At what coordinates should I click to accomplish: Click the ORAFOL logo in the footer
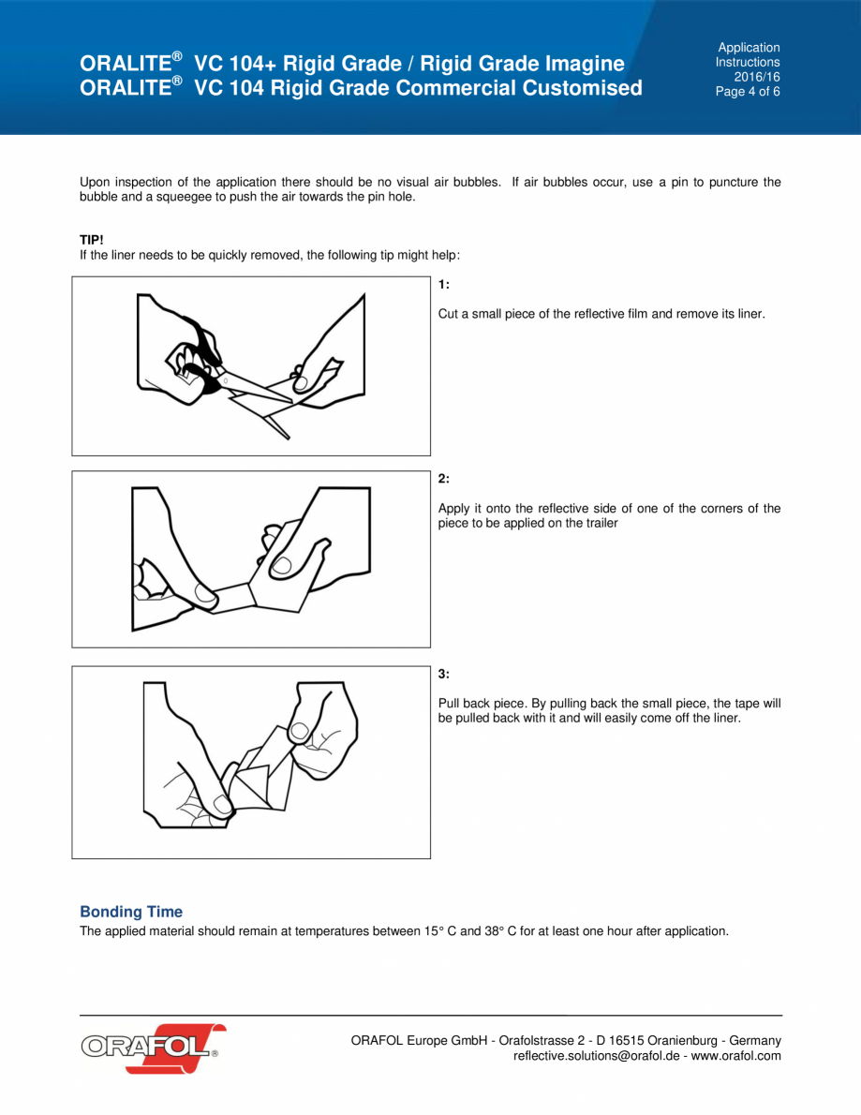(153, 1047)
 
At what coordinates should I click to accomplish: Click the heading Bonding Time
(131, 912)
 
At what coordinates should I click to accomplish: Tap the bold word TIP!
(92, 240)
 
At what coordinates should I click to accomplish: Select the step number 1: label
(444, 284)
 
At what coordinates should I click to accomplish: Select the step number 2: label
(444, 479)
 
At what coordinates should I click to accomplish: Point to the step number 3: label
(444, 674)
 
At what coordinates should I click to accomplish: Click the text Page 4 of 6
(748, 92)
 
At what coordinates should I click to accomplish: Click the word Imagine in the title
(582, 64)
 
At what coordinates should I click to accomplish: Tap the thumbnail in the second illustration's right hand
(282, 564)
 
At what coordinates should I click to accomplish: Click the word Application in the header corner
(749, 47)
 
